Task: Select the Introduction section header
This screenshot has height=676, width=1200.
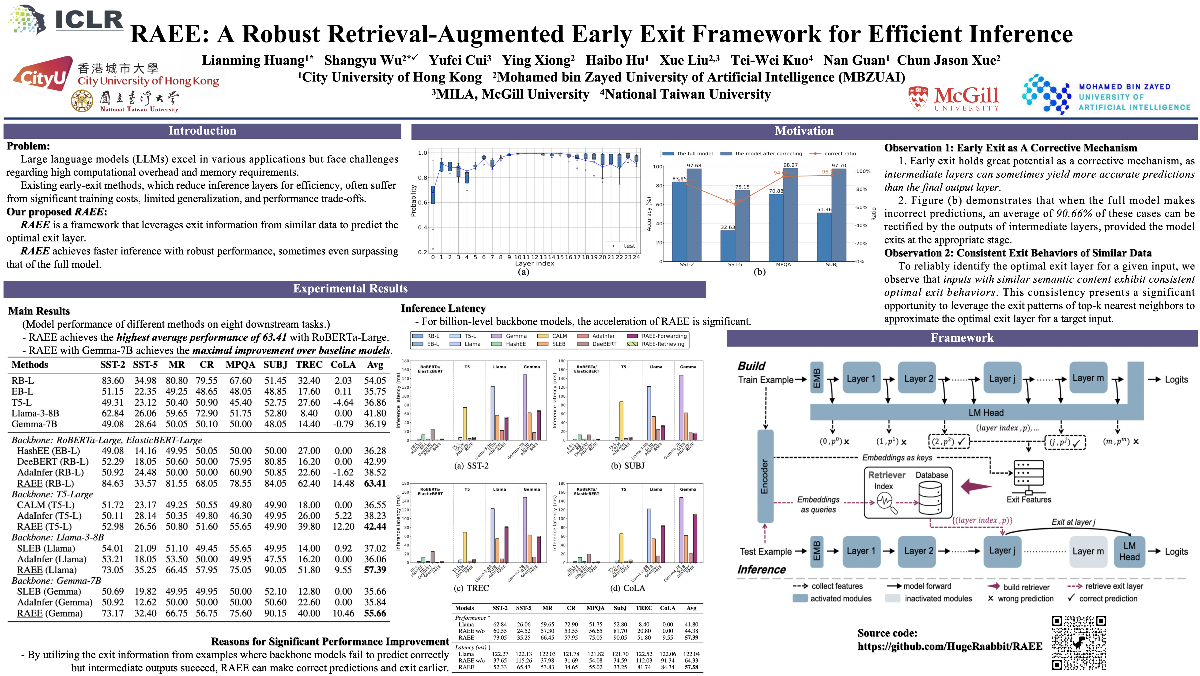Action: [x=202, y=131]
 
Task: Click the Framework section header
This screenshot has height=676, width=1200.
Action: [x=962, y=338]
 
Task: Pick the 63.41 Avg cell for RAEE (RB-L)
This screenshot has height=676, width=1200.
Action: [x=375, y=484]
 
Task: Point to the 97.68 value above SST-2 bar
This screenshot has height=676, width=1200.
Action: [x=694, y=165]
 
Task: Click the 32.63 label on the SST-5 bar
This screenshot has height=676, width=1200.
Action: [x=728, y=227]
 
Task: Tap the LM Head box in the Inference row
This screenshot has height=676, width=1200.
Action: [x=1129, y=552]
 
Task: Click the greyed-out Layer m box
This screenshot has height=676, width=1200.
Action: [x=1088, y=552]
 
